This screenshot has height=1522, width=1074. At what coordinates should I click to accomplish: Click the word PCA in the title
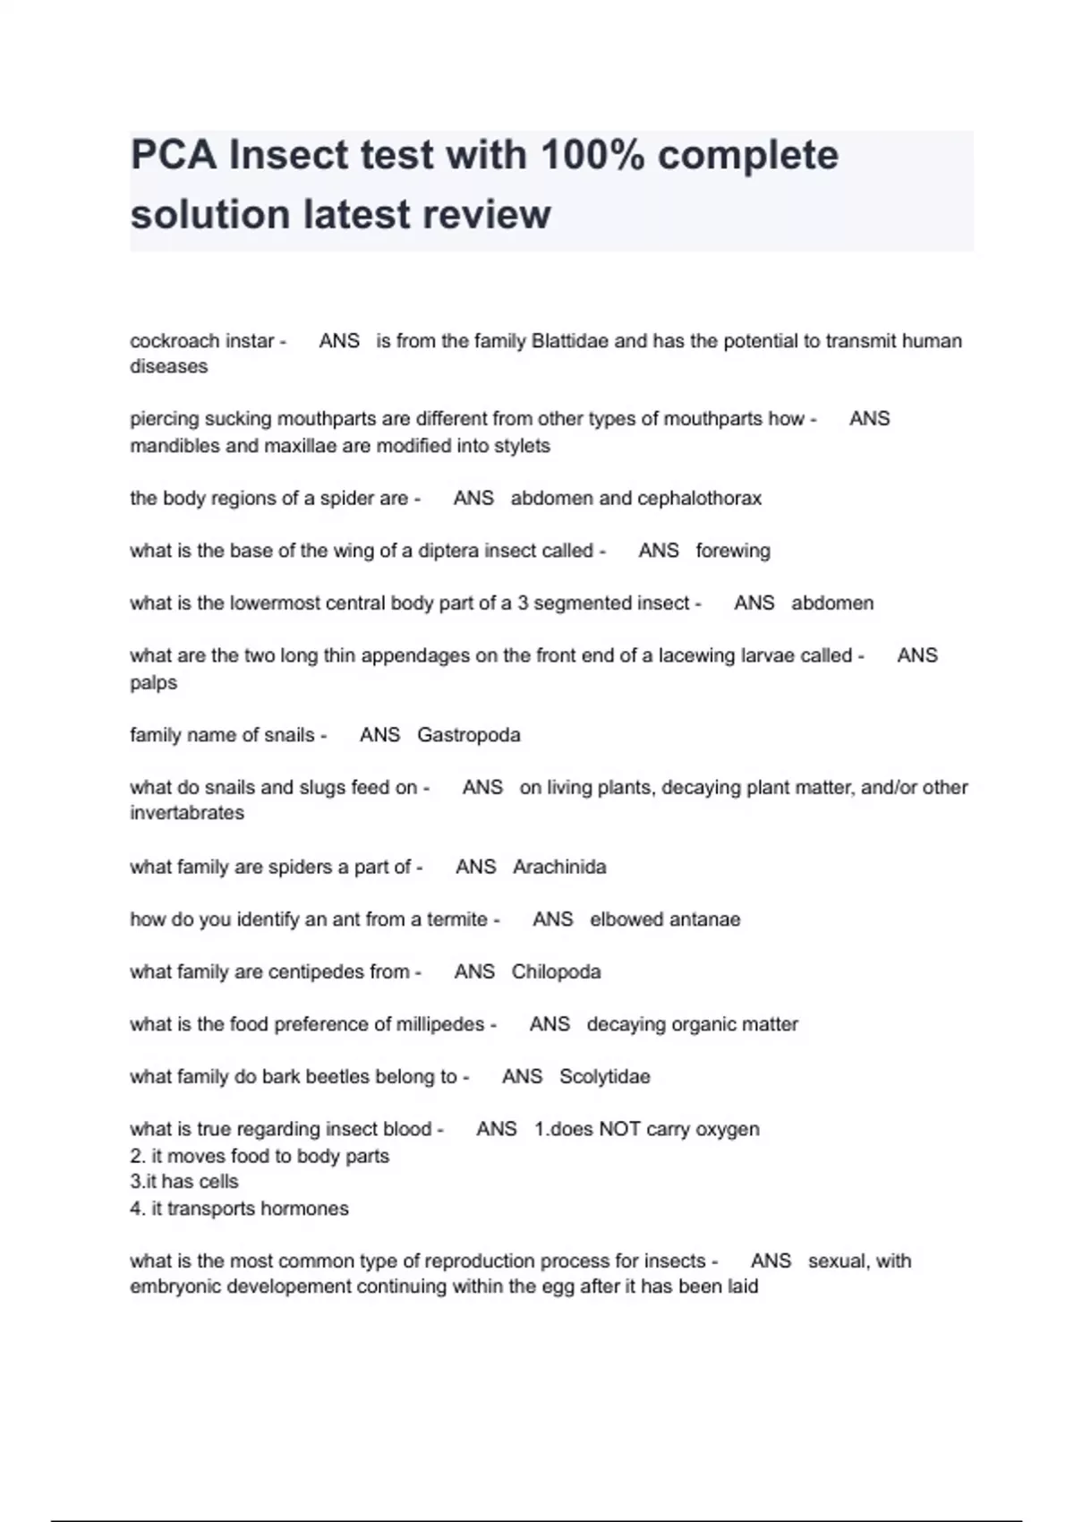[174, 155]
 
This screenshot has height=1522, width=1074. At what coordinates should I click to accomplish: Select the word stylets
[519, 446]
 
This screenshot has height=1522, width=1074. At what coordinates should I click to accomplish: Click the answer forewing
[732, 551]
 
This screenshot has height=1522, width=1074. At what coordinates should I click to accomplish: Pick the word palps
[153, 682]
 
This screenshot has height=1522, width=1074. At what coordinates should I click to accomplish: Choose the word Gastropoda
[468, 735]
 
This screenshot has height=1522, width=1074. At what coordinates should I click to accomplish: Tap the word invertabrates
[186, 813]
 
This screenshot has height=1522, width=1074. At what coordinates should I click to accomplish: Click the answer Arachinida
[559, 867]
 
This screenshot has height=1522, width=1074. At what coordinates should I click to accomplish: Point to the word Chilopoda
[556, 971]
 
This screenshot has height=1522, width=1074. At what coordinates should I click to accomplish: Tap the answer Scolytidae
[604, 1076]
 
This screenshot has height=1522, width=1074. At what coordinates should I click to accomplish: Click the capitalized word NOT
[619, 1129]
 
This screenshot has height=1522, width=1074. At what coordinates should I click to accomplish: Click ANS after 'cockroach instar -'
[339, 341]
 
